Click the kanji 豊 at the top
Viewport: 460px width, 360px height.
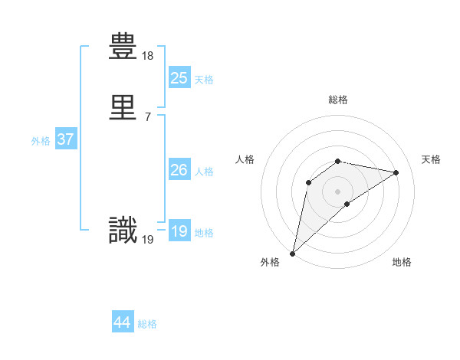123,47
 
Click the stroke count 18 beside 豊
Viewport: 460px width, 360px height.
148,56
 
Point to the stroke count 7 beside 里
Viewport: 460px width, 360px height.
147,116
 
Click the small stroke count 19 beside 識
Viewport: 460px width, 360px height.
148,239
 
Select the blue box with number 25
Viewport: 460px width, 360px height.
179,77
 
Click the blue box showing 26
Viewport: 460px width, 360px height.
179,171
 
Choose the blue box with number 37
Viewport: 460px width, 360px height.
65,140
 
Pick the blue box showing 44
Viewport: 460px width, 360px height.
123,322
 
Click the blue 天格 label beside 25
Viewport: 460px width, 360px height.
204,79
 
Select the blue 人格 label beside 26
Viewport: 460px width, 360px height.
204,172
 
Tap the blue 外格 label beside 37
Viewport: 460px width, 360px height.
41,141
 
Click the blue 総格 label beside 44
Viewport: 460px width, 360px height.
148,324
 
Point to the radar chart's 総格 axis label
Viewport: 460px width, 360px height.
338,100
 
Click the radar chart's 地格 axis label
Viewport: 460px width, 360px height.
402,262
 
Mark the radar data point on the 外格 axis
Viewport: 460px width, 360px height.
293,253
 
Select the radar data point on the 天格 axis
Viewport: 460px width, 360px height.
396,172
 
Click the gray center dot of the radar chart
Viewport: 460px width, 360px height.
338,191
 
